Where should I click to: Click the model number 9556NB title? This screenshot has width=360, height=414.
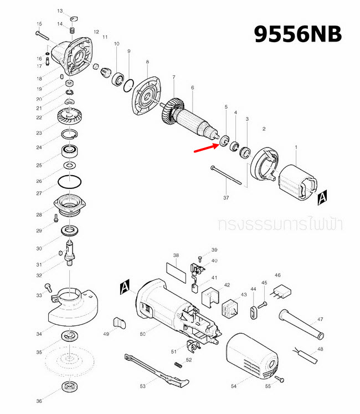(x=298, y=34)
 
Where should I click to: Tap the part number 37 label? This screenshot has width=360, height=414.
(x=226, y=197)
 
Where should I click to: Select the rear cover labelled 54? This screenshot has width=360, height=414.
(x=252, y=357)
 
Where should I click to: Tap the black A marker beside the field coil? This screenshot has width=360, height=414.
(x=323, y=196)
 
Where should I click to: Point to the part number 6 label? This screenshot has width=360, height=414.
(x=192, y=88)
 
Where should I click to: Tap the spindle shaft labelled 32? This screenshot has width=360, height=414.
(x=70, y=252)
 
